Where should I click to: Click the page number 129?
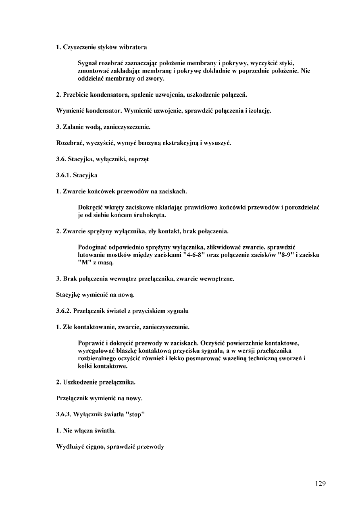[320, 484]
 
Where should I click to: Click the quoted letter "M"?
[83, 263]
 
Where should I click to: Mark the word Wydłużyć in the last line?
[69, 447]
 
